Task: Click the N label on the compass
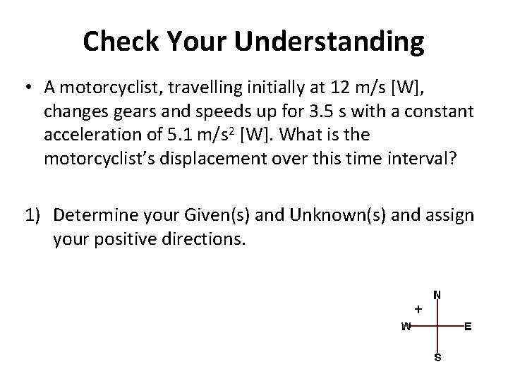coord(437,295)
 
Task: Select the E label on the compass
coord(467,326)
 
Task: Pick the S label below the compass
coord(437,358)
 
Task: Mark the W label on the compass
coord(406,326)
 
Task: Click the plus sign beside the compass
coord(418,308)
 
